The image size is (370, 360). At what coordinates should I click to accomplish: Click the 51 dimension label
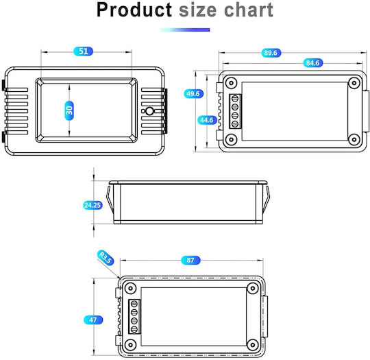[x=84, y=51]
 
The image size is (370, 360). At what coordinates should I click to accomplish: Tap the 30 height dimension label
[x=69, y=110]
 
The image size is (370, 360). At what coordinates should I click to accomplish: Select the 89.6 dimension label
[x=271, y=53]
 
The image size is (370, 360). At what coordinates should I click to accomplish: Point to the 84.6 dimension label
[x=312, y=63]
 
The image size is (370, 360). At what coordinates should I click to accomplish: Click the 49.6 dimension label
[x=193, y=94]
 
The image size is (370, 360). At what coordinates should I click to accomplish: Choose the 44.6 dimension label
[x=207, y=120]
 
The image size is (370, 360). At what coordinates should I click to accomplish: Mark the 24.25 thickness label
[x=93, y=205]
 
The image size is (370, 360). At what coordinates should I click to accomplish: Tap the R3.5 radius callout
[x=106, y=257]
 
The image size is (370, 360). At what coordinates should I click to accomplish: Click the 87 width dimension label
[x=190, y=261]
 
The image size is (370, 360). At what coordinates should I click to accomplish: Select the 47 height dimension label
[x=93, y=320]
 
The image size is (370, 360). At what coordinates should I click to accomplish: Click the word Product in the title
[x=134, y=10]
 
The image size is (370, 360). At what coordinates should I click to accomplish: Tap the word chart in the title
[x=249, y=10]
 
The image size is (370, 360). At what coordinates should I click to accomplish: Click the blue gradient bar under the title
[x=185, y=29]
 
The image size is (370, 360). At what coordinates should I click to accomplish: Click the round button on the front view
[x=149, y=111]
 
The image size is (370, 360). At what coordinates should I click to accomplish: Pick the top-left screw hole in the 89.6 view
[x=232, y=83]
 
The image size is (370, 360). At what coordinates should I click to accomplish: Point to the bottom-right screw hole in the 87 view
[x=252, y=344]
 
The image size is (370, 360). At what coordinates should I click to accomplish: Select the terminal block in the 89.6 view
[x=235, y=112]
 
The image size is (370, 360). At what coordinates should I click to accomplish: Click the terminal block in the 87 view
[x=134, y=317]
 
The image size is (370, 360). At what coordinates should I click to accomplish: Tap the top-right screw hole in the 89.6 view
[x=354, y=83]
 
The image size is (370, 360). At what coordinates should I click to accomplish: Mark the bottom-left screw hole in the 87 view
[x=130, y=344]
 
